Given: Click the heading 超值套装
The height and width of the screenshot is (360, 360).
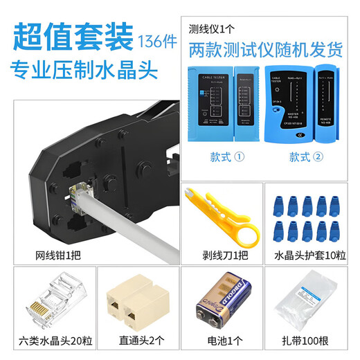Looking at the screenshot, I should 72,37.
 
